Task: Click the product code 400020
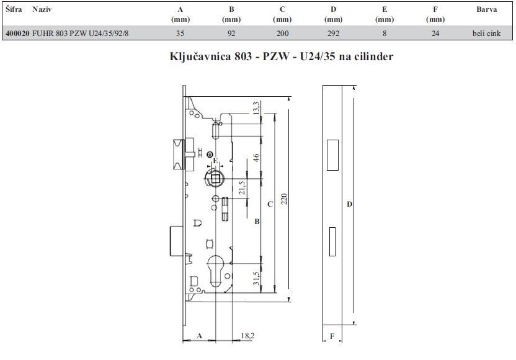click(17, 34)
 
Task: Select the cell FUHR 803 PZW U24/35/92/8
click(80, 34)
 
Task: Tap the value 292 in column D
click(334, 34)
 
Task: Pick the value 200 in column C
click(282, 34)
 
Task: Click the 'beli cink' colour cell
click(486, 34)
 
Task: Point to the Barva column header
click(486, 9)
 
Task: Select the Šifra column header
click(14, 9)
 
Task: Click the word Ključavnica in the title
click(200, 56)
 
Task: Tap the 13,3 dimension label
click(256, 108)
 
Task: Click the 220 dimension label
click(283, 199)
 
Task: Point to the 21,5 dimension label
click(242, 187)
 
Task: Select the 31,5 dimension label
click(256, 278)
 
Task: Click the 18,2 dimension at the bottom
click(247, 336)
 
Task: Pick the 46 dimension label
click(256, 158)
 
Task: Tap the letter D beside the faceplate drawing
click(350, 204)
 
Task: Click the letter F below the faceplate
click(332, 336)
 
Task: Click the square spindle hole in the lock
click(216, 179)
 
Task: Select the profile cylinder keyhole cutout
click(216, 269)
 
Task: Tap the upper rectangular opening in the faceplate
click(332, 155)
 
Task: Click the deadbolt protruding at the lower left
click(177, 241)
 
